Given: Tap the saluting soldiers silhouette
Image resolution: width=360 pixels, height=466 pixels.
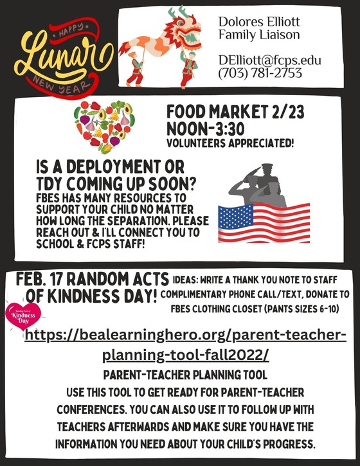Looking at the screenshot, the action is tap(257, 186).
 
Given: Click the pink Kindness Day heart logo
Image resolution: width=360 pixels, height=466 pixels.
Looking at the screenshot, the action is tap(23, 317).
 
